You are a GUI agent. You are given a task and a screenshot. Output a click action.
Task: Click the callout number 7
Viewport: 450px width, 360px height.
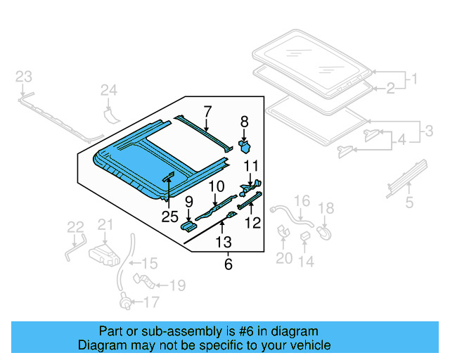pyautogui.click(x=207, y=110)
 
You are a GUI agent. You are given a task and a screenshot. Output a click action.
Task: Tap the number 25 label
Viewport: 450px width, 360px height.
pyautogui.click(x=170, y=217)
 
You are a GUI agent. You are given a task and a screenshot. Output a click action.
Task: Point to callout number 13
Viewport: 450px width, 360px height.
pyautogui.click(x=224, y=243)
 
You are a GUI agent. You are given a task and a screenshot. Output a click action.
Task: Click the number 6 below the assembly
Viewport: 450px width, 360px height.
pyautogui.click(x=228, y=264)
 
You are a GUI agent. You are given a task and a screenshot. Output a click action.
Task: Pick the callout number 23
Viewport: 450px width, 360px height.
pyautogui.click(x=23, y=76)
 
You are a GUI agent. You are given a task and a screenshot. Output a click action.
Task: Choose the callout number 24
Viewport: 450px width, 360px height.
pyautogui.click(x=108, y=89)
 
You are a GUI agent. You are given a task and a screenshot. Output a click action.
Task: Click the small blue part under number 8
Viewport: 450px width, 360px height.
pyautogui.click(x=246, y=146)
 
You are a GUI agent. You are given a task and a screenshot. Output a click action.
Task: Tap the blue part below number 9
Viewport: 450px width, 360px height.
pyautogui.click(x=189, y=226)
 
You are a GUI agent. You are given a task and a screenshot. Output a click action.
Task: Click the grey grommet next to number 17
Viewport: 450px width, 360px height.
pyautogui.click(x=127, y=304)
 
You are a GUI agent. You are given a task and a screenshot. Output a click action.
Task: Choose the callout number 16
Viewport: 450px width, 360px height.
pyautogui.click(x=301, y=201)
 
